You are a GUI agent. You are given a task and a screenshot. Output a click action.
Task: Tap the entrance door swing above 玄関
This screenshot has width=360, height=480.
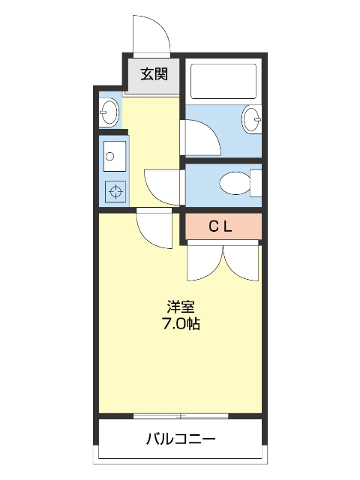click(150, 34)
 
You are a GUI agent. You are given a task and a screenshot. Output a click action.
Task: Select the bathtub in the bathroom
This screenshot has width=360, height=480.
click(223, 81)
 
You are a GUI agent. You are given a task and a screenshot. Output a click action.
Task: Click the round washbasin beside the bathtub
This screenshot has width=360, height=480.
click(252, 118)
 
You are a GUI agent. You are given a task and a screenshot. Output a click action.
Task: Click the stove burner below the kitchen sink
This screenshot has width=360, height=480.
click(115, 191)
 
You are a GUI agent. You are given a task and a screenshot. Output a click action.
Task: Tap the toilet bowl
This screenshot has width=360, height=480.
click(234, 182)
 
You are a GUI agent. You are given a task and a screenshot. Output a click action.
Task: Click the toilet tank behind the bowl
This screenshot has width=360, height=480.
click(255, 182)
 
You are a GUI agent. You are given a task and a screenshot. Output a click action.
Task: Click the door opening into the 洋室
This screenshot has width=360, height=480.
click(155, 228)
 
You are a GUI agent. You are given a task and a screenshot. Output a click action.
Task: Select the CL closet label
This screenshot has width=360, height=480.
click(223, 225)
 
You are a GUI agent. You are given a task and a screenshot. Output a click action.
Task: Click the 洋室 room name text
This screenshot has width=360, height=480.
click(180, 307)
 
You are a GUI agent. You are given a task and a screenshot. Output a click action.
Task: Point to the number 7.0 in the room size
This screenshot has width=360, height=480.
click(172, 325)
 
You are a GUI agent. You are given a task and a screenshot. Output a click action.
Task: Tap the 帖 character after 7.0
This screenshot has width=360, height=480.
click(193, 325)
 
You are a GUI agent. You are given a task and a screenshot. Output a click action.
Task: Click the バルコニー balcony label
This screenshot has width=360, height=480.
click(180, 438)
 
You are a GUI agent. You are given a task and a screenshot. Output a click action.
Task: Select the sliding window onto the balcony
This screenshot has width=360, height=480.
click(180, 415)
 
